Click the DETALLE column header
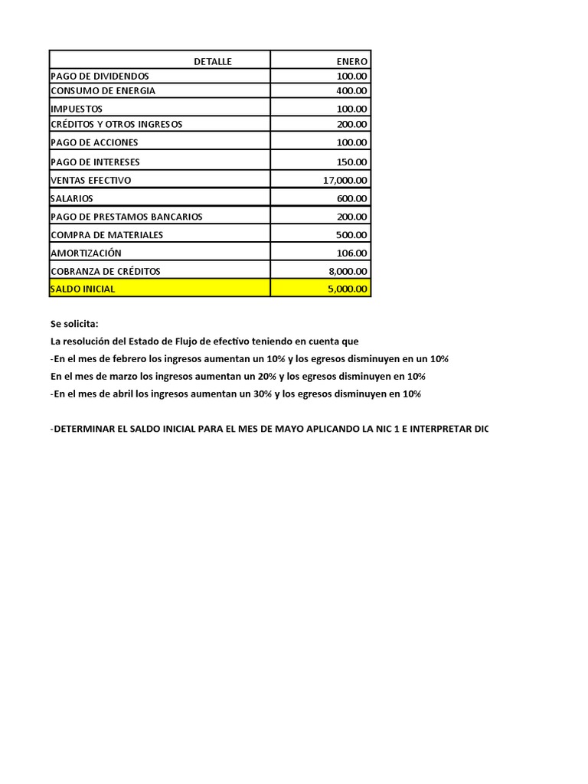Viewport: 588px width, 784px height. [212, 61]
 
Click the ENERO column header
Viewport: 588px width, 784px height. [351, 61]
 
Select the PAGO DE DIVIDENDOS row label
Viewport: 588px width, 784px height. [100, 77]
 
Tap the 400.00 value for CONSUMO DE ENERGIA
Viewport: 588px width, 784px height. [351, 91]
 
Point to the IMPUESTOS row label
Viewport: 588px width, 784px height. [77, 109]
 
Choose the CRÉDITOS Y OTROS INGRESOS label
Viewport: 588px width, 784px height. [116, 124]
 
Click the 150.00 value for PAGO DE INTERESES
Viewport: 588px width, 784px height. [351, 162]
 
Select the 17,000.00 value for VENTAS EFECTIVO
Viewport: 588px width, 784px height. [345, 180]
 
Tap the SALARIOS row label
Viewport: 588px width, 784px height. [72, 198]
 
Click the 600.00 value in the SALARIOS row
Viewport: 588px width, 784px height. [351, 198]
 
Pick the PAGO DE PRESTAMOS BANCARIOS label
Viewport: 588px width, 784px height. [126, 217]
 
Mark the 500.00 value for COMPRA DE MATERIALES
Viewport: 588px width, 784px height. [351, 235]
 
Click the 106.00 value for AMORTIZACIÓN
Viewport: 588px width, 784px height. [351, 253]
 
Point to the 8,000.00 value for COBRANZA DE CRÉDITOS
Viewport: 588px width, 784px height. [348, 271]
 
